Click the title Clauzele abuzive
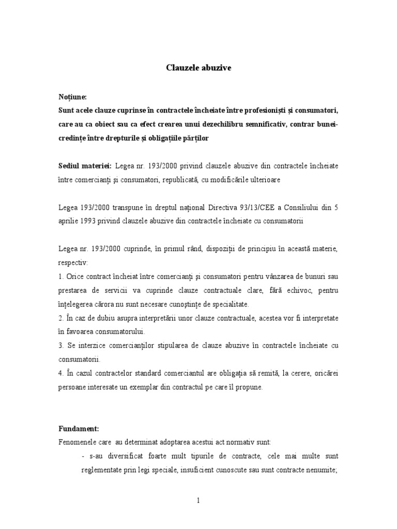pos(198,68)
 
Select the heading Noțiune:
pos(73,97)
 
